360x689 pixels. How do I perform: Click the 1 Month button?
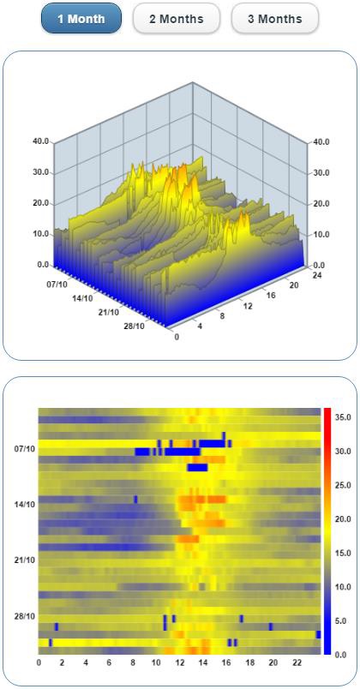click(x=81, y=18)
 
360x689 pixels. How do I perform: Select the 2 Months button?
click(x=177, y=18)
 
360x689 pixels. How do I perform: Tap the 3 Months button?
click(x=274, y=18)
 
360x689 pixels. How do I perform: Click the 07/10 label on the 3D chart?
click(x=58, y=284)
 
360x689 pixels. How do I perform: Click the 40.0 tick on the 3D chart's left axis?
click(x=40, y=142)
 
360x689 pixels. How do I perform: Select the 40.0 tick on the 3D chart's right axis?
click(x=321, y=142)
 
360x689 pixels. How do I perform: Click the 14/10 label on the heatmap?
click(x=25, y=504)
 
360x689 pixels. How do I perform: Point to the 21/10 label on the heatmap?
click(x=25, y=560)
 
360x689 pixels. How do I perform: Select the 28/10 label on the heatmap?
click(x=25, y=616)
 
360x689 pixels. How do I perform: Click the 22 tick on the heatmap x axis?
click(x=297, y=662)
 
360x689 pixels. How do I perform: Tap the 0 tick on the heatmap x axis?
click(x=39, y=662)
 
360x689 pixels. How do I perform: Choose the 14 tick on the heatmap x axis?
click(x=203, y=662)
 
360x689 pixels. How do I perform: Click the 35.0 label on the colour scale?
click(x=343, y=417)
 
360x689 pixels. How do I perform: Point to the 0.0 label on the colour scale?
click(x=340, y=655)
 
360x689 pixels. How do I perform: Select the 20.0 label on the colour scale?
click(x=343, y=518)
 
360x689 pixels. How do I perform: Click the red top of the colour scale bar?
click(x=327, y=412)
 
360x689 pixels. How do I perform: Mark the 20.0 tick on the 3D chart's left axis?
click(x=40, y=204)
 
